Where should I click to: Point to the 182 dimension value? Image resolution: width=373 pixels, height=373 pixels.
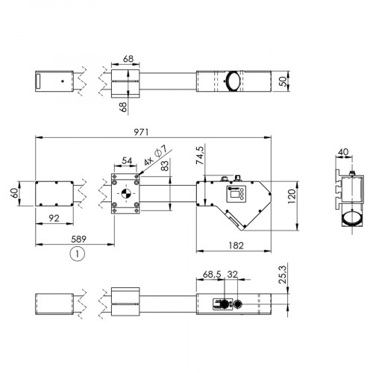pyautogui.click(x=233, y=245)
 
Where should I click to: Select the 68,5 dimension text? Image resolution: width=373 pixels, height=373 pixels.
pyautogui.click(x=213, y=275)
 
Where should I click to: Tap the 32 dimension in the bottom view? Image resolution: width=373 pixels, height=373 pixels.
pyautogui.click(x=233, y=275)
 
